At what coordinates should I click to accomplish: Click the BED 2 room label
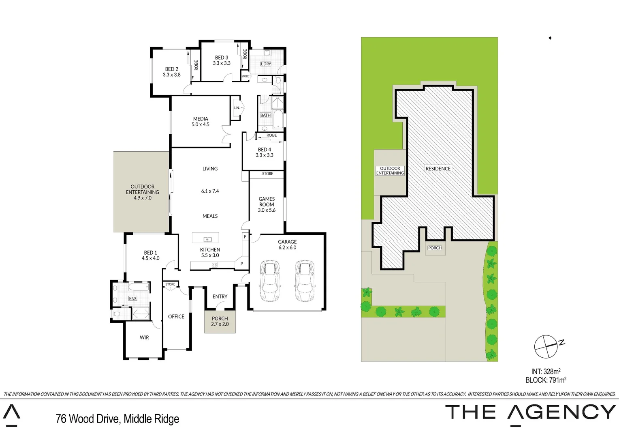pyautogui.click(x=171, y=72)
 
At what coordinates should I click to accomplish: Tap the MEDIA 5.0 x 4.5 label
pyautogui.click(x=201, y=122)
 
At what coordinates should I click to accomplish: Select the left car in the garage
pyautogui.click(x=270, y=281)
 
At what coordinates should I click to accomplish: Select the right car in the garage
pyautogui.click(x=305, y=281)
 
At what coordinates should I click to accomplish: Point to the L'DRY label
pyautogui.click(x=266, y=64)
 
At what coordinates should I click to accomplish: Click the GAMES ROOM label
pyautogui.click(x=267, y=204)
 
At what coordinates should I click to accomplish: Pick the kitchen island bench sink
pyautogui.click(x=208, y=239)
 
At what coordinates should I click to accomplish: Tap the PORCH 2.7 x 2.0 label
pyautogui.click(x=220, y=321)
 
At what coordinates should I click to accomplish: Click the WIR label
pyautogui.click(x=144, y=337)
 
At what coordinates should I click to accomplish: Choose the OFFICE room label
pyautogui.click(x=176, y=316)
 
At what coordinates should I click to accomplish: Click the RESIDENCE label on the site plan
pyautogui.click(x=438, y=168)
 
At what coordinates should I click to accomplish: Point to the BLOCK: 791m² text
pyautogui.click(x=546, y=380)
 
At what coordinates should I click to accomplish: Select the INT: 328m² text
pyautogui.click(x=546, y=371)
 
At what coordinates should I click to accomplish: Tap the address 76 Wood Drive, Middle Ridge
pyautogui.click(x=117, y=419)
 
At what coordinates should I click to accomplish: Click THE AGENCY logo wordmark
pyautogui.click(x=530, y=412)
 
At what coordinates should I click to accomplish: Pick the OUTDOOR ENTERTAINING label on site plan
pyautogui.click(x=390, y=171)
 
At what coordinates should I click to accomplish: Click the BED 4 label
pyautogui.click(x=265, y=152)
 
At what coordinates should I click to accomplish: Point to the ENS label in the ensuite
pyautogui.click(x=133, y=298)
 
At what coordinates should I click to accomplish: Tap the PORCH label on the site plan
pyautogui.click(x=435, y=248)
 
